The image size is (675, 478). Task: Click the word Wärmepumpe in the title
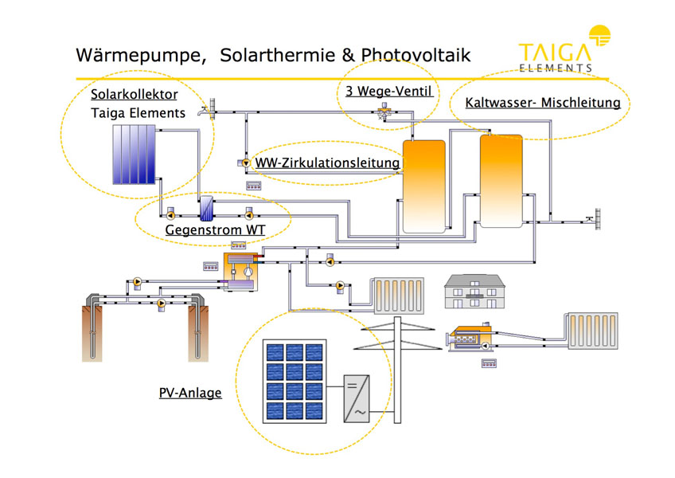point(132,55)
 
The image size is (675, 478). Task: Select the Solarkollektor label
point(134,95)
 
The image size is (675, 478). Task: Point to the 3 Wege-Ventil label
point(388,91)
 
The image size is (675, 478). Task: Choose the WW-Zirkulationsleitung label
point(327,163)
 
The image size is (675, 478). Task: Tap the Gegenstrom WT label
point(214,231)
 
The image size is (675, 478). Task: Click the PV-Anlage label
point(190,393)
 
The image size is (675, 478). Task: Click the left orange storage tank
point(423,186)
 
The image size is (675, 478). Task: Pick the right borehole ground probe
point(197,327)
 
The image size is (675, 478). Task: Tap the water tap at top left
point(210,108)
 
